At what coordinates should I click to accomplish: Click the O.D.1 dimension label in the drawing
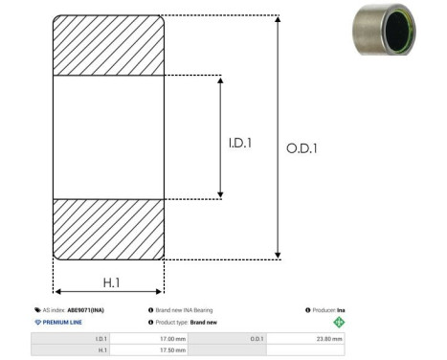click(302, 148)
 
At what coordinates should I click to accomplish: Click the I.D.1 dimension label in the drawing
click(240, 143)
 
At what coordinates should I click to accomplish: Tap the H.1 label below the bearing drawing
click(111, 282)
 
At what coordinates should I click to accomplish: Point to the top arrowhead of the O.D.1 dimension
click(278, 19)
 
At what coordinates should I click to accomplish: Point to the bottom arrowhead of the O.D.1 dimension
click(278, 256)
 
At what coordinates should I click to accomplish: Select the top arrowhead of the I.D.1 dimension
click(220, 80)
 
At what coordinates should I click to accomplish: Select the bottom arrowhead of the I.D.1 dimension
click(220, 194)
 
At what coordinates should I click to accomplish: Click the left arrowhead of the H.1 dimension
click(57, 291)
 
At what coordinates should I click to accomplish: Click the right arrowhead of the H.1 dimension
click(158, 291)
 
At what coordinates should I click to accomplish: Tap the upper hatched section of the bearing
click(108, 45)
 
